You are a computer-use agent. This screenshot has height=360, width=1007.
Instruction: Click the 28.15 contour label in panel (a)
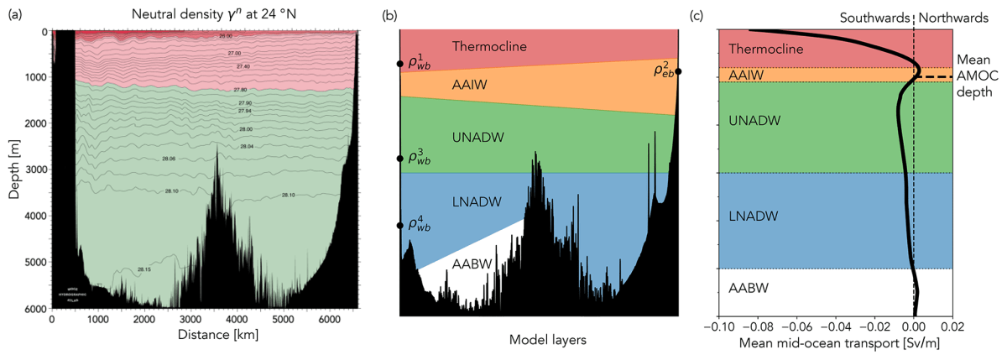click(x=145, y=270)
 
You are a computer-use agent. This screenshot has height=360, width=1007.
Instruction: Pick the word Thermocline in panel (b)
click(x=488, y=46)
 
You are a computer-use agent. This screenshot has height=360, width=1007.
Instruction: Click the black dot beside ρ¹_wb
click(x=400, y=64)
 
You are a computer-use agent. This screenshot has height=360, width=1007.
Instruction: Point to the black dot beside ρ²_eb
click(x=678, y=72)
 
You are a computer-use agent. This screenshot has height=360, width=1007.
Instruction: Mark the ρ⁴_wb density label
click(x=419, y=224)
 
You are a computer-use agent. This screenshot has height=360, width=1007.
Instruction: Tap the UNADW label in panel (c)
click(x=756, y=121)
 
